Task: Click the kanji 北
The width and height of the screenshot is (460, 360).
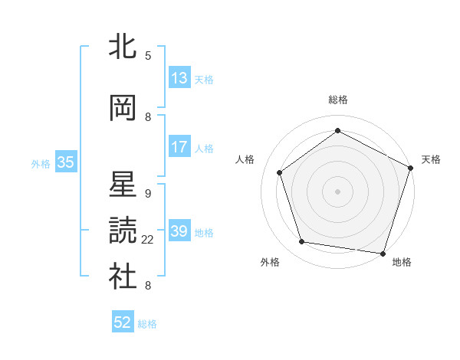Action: (x=122, y=46)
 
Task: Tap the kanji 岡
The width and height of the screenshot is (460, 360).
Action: (x=122, y=109)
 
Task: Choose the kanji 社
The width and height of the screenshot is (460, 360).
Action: (x=122, y=277)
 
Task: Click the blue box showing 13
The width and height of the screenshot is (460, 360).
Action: (x=179, y=78)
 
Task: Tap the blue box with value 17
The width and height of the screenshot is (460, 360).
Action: (x=179, y=147)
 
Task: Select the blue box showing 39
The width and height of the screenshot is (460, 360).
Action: (x=179, y=231)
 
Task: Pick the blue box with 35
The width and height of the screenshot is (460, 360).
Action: (x=66, y=162)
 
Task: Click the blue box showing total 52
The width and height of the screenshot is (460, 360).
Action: (x=123, y=322)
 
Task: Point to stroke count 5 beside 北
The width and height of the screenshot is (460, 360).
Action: (x=148, y=55)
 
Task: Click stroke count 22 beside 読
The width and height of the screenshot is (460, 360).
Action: (x=148, y=240)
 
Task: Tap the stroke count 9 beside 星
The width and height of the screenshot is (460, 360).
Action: (x=148, y=193)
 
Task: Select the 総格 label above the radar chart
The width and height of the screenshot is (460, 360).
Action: (x=338, y=100)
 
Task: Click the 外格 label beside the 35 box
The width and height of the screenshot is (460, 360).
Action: (x=40, y=163)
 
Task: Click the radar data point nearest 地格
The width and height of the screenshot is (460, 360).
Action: (x=383, y=253)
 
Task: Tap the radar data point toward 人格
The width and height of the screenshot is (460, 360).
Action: (x=280, y=172)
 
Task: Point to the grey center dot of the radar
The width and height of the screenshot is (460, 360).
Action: (x=338, y=191)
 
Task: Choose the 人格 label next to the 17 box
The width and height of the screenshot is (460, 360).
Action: (x=204, y=148)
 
